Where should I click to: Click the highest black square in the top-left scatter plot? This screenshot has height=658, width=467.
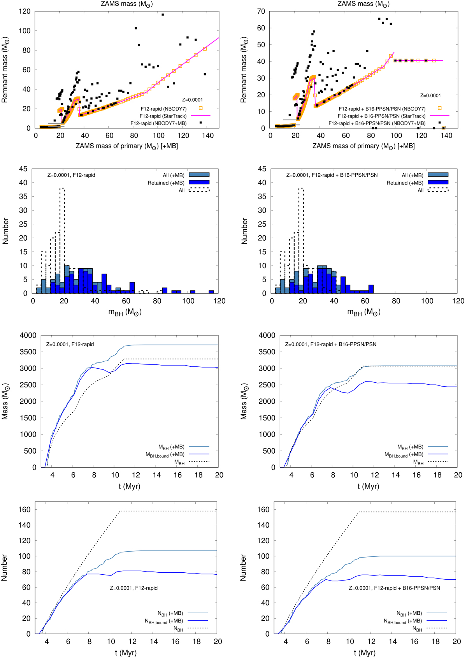(163, 15)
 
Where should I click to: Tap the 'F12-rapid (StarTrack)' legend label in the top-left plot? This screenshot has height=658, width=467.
(163, 116)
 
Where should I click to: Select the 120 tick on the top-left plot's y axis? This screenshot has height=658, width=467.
(25, 11)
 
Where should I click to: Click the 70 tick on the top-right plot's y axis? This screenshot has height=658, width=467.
(261, 11)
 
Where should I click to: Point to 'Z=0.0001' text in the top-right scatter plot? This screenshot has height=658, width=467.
(430, 95)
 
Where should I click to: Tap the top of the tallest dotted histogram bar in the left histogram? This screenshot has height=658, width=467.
(62, 188)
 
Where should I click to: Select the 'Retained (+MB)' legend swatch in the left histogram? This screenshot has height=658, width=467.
(199, 182)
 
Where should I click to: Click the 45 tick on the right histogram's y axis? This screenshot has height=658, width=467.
(262, 169)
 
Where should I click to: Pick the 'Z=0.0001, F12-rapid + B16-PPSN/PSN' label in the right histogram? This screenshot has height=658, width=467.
(332, 175)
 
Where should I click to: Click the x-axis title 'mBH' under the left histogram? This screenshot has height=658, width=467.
(125, 312)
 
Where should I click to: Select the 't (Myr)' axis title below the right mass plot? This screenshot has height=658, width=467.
(368, 486)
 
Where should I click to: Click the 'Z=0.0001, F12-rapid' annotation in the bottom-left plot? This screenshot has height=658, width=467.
(133, 588)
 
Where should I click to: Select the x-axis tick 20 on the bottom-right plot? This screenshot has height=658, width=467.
(456, 641)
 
